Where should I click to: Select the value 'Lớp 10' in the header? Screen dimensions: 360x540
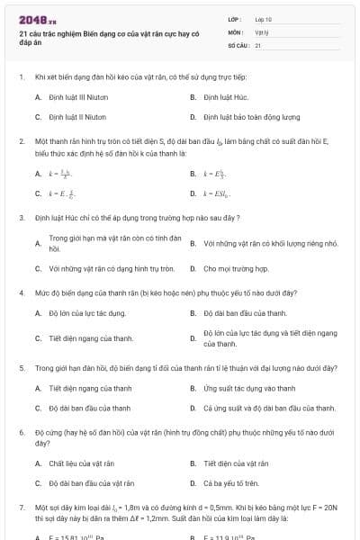tap(263, 19)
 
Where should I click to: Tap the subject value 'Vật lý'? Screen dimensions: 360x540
tap(262, 31)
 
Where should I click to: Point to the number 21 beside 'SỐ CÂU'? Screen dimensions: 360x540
tap(258, 44)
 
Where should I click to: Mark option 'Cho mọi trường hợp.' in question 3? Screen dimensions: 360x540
tap(236, 268)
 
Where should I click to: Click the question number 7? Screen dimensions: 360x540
tap(21, 508)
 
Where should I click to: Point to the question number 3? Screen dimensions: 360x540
tap(21, 218)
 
